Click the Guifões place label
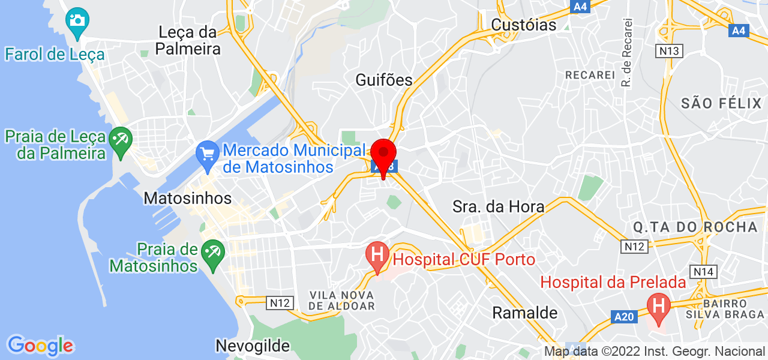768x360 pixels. pos(384,80)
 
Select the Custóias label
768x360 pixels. pos(524,25)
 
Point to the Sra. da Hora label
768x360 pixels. pos(499,207)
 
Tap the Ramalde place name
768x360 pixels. pos(525,313)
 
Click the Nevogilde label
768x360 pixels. pos(253,346)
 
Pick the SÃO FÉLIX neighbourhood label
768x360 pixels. pos(721,103)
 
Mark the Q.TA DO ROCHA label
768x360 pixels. pos(695,227)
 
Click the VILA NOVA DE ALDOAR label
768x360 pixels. pos(342,301)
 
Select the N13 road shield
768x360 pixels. pos(670,51)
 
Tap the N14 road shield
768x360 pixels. pos(703,272)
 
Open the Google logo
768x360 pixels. pos(40,346)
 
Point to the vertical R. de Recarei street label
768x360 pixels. pos(628,52)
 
